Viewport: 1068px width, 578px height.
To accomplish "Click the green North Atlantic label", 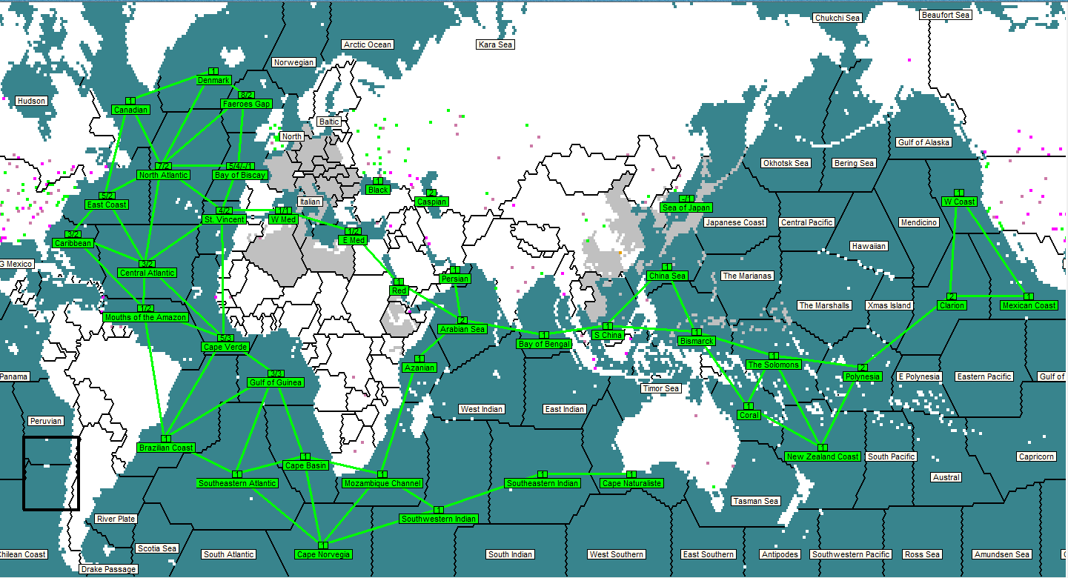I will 163,175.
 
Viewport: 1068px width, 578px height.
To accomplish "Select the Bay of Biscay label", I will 240,175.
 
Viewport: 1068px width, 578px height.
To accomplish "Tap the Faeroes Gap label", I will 246,104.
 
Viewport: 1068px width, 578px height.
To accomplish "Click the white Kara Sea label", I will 495,44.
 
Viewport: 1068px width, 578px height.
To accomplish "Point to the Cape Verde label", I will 225,347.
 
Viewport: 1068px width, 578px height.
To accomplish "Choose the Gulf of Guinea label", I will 275,382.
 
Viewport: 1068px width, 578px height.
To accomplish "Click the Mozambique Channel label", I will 382,483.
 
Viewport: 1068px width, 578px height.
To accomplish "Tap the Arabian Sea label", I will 462,329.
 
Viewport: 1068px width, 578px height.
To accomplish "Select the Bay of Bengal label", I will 544,344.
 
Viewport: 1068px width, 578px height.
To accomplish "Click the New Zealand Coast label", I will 823,456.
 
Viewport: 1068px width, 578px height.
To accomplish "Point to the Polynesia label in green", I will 862,376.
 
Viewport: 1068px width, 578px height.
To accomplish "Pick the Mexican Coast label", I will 1029,305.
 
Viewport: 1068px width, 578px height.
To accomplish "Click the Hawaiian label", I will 869,246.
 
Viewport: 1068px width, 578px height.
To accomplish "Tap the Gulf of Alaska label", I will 923,142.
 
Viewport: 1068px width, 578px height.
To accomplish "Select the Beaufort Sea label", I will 945,15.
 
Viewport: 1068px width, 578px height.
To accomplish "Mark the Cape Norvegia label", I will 322,554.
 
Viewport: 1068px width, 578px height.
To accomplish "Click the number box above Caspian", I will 431,193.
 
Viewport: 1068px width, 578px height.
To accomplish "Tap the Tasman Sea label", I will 756,501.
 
